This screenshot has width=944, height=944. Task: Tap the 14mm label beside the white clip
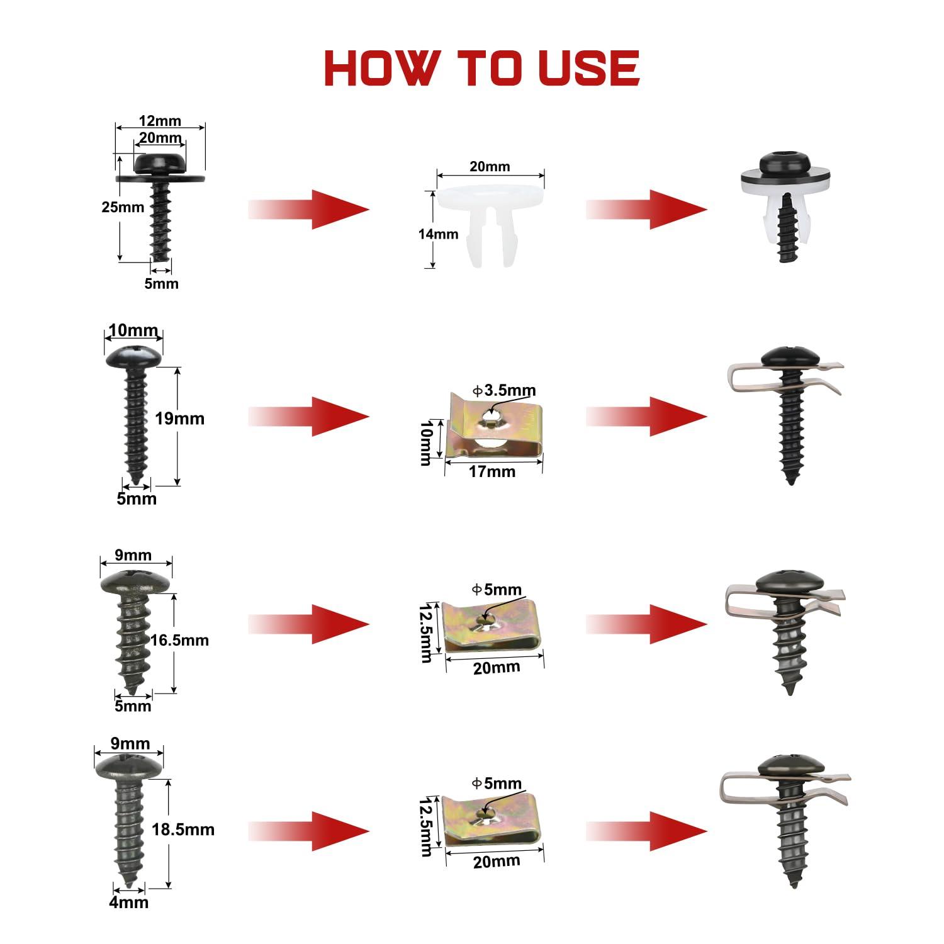click(x=439, y=234)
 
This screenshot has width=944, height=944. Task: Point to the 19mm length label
click(x=180, y=419)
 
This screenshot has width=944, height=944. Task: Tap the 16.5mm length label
click(x=180, y=641)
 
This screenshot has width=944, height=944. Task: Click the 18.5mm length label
click(x=183, y=829)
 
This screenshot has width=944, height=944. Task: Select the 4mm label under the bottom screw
click(x=129, y=902)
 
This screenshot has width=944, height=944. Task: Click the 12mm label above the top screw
click(x=160, y=121)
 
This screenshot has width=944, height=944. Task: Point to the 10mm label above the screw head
click(x=133, y=330)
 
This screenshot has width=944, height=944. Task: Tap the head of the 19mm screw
click(x=133, y=357)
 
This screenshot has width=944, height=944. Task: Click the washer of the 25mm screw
click(x=160, y=177)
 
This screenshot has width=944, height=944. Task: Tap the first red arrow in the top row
click(x=308, y=209)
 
